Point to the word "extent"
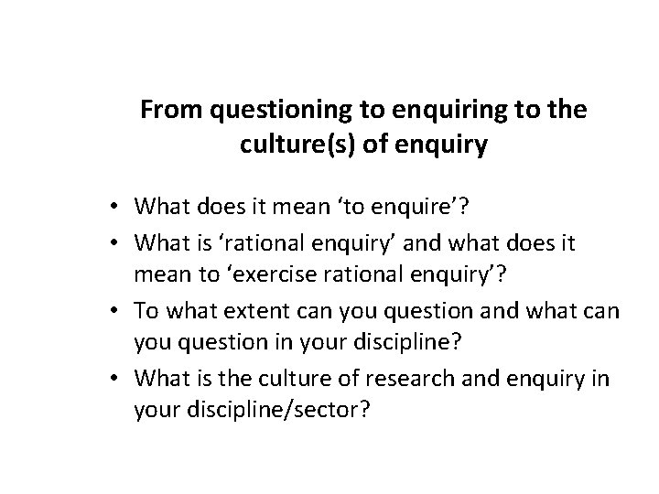pos(243,310)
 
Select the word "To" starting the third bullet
pos(146,310)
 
